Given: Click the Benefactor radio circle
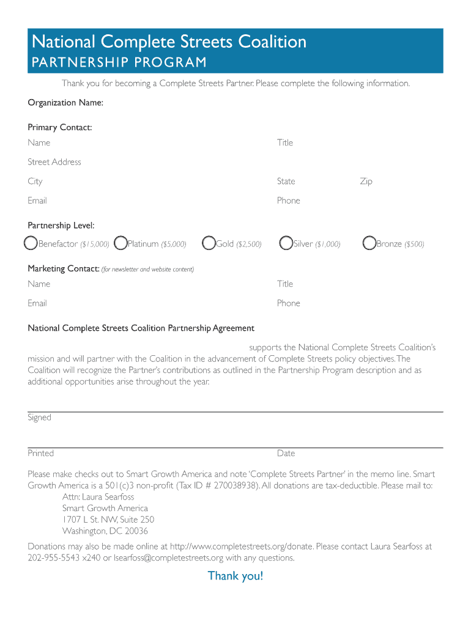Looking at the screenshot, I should point(31,243).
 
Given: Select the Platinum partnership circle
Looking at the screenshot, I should point(121,243).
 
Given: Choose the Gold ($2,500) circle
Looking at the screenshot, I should point(209,243).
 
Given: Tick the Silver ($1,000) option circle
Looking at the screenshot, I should point(286,243).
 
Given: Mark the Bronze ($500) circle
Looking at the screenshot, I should point(369,243).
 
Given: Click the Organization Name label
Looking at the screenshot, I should point(65,103).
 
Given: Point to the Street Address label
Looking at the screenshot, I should point(54,162).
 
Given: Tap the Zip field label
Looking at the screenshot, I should point(366,182).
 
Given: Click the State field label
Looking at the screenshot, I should point(286,182).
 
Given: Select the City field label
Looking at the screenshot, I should point(35,182).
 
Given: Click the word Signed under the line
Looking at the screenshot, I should point(39,418).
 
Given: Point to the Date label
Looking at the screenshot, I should point(286,454).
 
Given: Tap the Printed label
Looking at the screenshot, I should point(40,454).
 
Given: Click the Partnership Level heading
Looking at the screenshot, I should point(61,226).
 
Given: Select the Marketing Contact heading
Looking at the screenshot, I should point(64,268).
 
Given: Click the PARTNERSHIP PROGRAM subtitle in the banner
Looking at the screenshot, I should point(119,63).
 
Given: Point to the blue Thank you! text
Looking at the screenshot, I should point(236,576).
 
